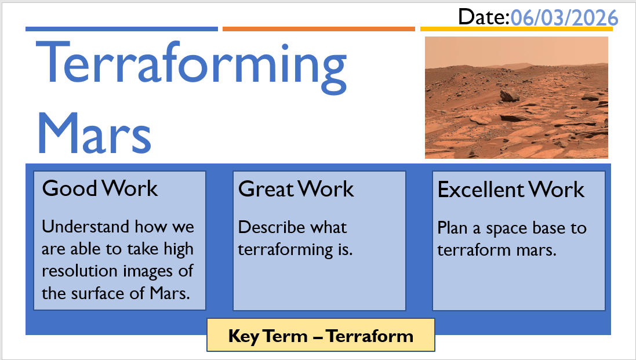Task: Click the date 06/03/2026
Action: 564,18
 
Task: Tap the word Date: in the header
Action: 484,17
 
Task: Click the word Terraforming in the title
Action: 191,67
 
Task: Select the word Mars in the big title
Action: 95,133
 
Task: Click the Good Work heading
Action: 100,188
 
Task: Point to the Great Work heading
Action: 296,189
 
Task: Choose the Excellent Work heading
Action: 511,190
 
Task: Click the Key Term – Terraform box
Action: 321,335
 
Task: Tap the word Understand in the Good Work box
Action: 85,226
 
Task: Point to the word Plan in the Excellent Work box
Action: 452,228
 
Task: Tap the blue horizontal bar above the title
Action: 122,29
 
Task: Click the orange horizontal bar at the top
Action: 319,29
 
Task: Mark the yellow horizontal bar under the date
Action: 517,29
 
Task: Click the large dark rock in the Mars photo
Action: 510,96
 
